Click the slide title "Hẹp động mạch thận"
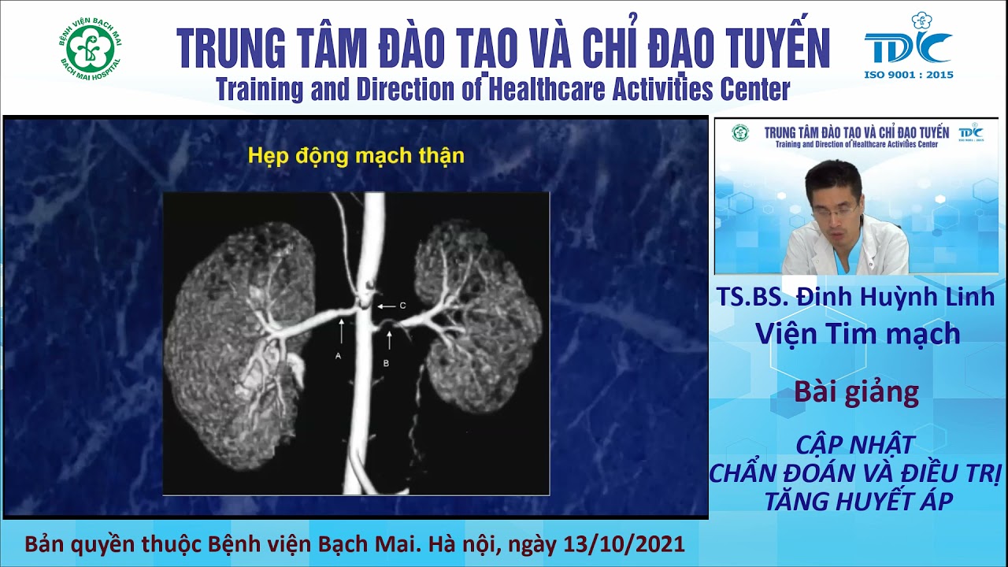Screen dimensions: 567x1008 (356, 156)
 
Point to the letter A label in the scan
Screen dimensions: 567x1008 (338, 356)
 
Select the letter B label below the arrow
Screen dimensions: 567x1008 (386, 363)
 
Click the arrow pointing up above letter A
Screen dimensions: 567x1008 (341, 330)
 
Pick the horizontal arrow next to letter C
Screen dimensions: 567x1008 (385, 306)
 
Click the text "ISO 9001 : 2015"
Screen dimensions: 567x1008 (909, 75)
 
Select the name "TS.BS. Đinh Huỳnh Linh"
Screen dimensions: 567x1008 (856, 297)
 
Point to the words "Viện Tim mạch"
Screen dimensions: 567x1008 (858, 334)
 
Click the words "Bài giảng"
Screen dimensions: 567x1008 (857, 391)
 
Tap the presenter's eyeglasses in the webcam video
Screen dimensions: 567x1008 (833, 211)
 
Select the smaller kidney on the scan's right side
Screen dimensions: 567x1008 (480, 315)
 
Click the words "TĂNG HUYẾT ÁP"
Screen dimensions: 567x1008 (857, 500)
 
